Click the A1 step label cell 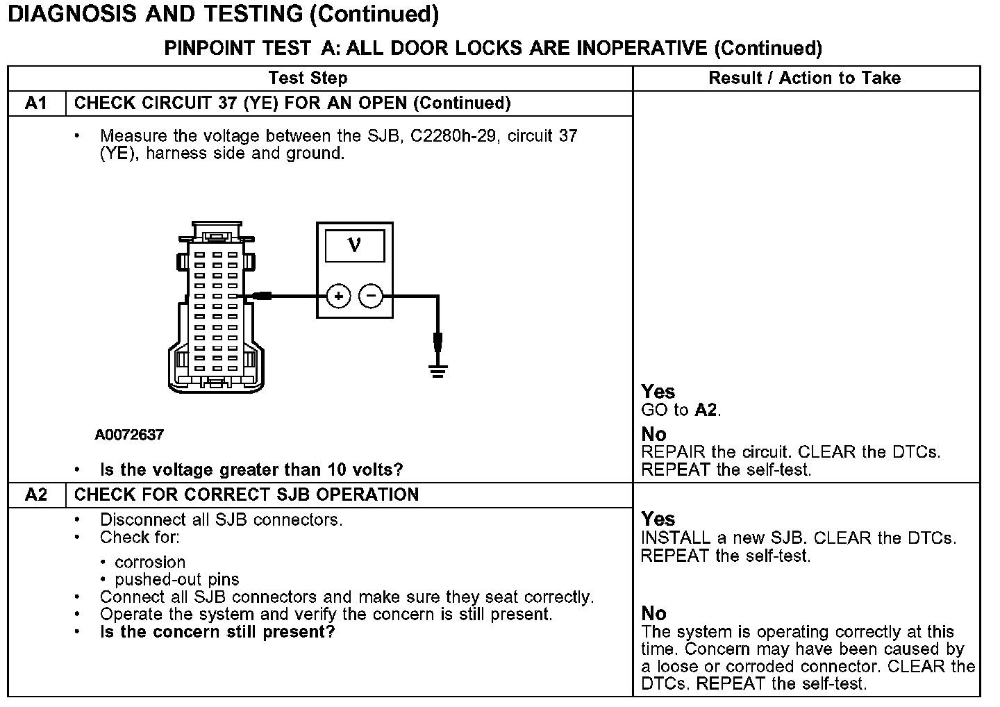pos(36,103)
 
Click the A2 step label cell pos(36,494)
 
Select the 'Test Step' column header pos(308,78)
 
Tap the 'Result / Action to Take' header pos(804,78)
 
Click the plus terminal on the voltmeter pos(338,297)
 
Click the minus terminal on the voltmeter pos(371,297)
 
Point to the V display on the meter pos(354,245)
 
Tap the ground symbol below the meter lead pos(437,370)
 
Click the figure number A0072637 pos(129,435)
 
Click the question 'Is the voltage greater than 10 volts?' pos(251,469)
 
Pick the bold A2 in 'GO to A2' pos(706,410)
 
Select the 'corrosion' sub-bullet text pos(150,562)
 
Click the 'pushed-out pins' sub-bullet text pos(177,579)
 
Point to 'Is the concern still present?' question pos(217,632)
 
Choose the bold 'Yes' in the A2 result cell pos(658,519)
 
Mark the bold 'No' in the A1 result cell pos(653,434)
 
